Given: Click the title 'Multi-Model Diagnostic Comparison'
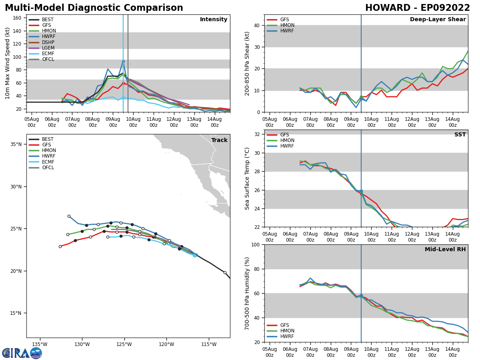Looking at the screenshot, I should click(x=94, y=8).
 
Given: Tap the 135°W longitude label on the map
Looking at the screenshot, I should click(x=39, y=344).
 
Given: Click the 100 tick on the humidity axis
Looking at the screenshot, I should click(x=256, y=244).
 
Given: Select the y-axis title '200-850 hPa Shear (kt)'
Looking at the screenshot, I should click(x=247, y=63).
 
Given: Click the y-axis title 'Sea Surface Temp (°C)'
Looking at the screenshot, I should click(x=247, y=178).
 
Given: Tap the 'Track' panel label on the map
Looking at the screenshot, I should click(x=219, y=140).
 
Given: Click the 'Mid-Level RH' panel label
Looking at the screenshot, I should click(x=445, y=250).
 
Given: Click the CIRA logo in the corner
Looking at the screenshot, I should click(x=22, y=353).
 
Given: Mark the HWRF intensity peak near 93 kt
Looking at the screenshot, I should click(x=123, y=61).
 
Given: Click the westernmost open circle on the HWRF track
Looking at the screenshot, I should click(x=69, y=216).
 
